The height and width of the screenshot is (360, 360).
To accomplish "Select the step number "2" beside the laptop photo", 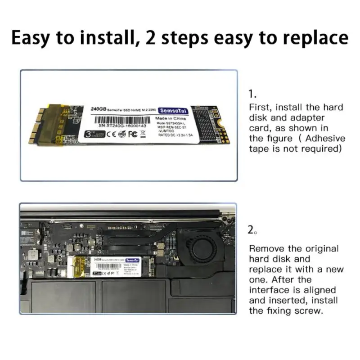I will point(252,230).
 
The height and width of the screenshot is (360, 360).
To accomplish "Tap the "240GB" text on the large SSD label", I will point(99,109).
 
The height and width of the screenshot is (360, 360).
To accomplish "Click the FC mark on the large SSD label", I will point(133,134).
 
